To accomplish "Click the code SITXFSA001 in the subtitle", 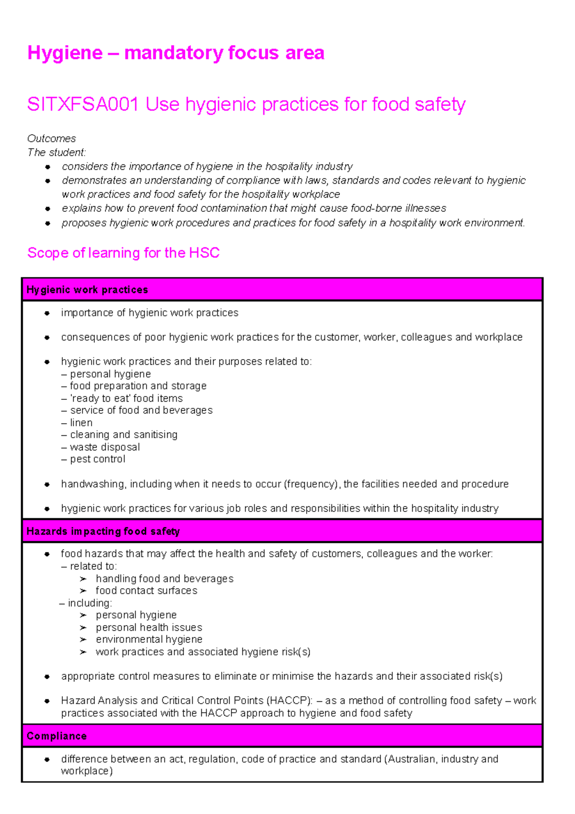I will [83, 105].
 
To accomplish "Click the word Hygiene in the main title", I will [65, 53].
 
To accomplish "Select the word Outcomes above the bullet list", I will [51, 139].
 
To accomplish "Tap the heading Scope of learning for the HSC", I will [123, 253].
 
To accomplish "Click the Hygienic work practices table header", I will [87, 290].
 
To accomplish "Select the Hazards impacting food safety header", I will [103, 531].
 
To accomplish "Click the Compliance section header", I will [57, 736].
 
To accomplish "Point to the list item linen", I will [81, 423].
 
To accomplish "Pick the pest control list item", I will [97, 459].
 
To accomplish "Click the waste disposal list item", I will [104, 447].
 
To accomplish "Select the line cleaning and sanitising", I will [123, 435].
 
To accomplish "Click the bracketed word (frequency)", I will [312, 484].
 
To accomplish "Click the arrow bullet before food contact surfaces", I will [83, 591].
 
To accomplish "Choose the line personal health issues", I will [149, 628].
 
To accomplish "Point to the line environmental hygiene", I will [149, 640].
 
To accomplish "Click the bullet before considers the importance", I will [47, 167].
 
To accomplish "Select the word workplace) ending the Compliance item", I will [87, 771].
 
